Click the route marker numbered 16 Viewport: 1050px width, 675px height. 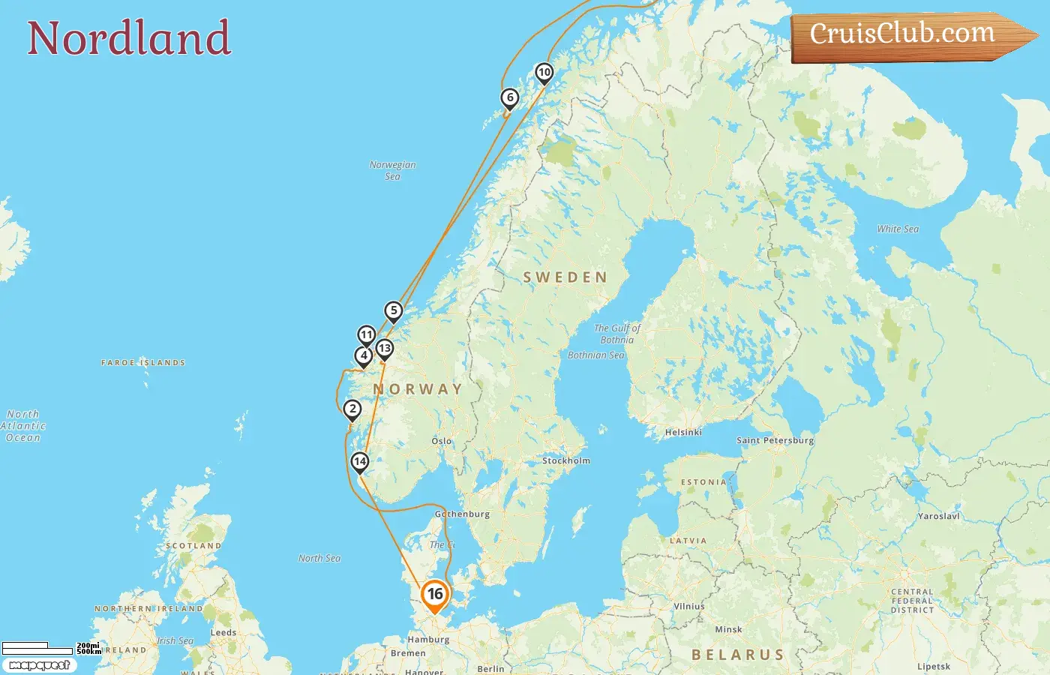point(435,595)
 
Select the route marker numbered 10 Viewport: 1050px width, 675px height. point(544,73)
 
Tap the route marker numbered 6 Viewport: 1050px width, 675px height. point(510,97)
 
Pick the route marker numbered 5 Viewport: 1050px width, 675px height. point(394,310)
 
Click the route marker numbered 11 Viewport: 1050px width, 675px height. point(366,334)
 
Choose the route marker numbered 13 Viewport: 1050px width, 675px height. point(385,348)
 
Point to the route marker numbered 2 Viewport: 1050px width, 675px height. point(352,409)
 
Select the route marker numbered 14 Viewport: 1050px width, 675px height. point(360,461)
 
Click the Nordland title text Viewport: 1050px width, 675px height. point(129,38)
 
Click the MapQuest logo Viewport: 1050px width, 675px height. point(39,664)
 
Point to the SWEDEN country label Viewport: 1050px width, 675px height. point(565,277)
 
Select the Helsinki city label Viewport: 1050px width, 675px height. point(683,432)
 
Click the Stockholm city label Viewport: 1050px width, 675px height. point(566,460)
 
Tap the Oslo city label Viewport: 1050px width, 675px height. point(442,441)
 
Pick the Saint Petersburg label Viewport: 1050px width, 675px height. point(775,440)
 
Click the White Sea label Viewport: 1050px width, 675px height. point(898,229)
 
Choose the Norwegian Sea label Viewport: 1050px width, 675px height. point(392,170)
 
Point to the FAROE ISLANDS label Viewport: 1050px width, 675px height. point(143,362)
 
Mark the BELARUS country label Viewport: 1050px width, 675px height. point(737,655)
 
